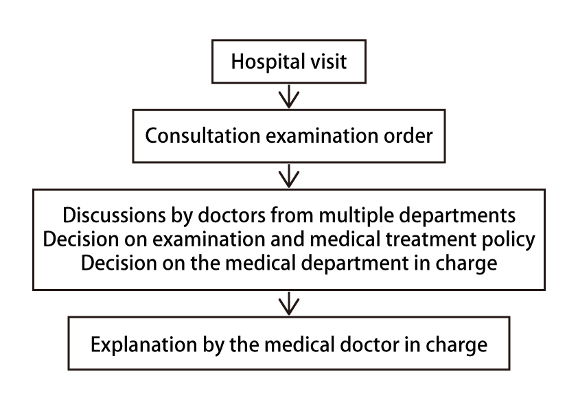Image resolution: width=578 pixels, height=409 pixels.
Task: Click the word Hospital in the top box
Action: click(x=268, y=62)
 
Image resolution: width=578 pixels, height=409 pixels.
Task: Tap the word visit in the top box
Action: click(x=328, y=61)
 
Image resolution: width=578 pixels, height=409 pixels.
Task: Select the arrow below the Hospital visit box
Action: click(x=289, y=97)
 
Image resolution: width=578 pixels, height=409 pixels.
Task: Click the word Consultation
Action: click(x=203, y=136)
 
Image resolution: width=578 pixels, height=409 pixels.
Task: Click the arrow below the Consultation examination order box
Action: click(x=289, y=176)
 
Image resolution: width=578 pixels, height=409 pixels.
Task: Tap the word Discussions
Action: click(x=114, y=215)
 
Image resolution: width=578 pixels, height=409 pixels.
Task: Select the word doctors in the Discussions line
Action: click(x=231, y=215)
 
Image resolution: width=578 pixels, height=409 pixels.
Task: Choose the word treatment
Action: click(x=430, y=239)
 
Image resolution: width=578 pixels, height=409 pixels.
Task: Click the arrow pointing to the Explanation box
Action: click(x=289, y=303)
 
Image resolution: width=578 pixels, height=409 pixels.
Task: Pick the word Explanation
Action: click(x=143, y=345)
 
